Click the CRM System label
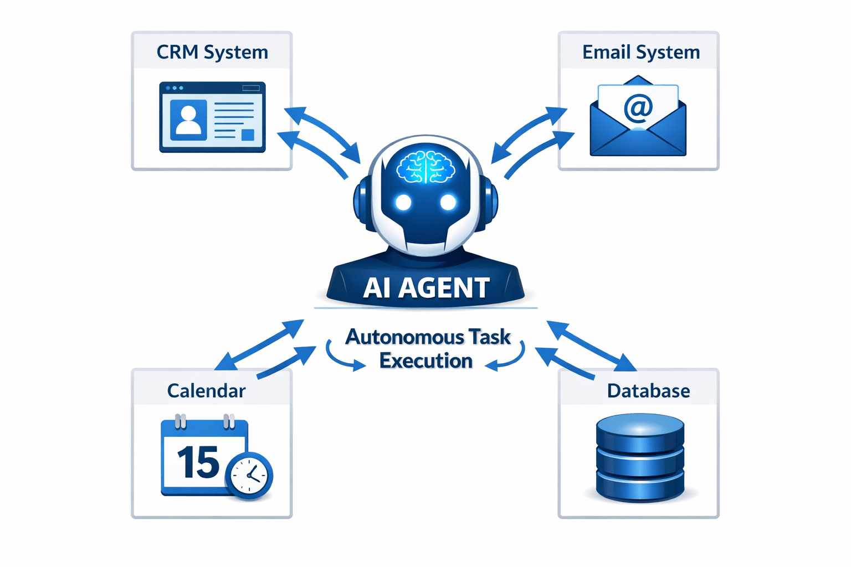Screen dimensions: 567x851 212,52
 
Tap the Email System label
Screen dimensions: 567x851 640,52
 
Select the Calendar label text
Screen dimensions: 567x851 206,391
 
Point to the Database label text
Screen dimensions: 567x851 648,391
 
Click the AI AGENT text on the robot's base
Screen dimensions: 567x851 426,288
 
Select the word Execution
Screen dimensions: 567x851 425,361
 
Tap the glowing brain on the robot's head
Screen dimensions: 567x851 425,166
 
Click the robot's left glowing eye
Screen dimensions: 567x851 404,203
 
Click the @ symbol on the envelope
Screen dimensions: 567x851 638,107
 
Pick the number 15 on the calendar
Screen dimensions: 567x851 198,463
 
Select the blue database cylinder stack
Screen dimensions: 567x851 640,458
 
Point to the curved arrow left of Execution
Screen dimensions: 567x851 341,357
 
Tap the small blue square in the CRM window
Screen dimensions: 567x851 248,135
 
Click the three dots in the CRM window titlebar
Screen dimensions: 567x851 175,88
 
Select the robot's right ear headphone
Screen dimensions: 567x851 490,202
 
